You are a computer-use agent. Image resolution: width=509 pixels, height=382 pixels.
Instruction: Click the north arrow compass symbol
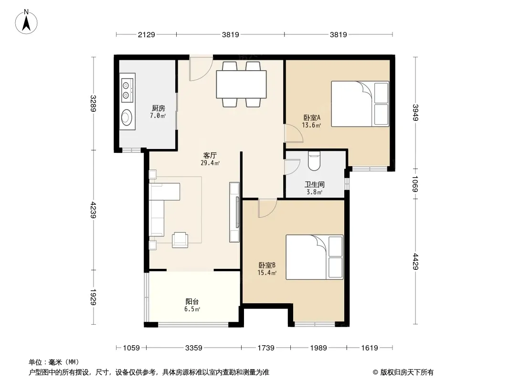26,21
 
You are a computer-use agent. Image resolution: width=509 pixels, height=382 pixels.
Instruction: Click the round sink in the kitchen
127,117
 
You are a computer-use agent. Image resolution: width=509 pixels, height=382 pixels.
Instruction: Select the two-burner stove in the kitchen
127,91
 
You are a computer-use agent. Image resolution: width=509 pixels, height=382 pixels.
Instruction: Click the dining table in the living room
241,84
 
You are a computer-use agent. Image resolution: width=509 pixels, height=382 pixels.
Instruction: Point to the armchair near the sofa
180,240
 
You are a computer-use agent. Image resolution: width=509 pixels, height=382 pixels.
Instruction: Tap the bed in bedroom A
360,104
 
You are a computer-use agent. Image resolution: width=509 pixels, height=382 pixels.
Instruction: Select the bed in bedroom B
315,257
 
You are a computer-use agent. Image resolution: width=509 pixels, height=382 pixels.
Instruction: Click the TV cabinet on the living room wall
234,212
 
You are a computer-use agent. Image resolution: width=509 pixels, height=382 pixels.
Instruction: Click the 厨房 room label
159,108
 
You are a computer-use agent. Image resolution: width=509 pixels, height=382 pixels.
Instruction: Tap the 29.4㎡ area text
210,163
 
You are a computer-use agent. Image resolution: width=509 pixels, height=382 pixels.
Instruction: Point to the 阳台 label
192,302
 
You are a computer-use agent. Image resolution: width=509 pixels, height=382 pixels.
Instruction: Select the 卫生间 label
315,185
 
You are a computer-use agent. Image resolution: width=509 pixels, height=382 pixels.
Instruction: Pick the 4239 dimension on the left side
94,210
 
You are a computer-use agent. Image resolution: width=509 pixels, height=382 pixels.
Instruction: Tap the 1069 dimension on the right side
415,184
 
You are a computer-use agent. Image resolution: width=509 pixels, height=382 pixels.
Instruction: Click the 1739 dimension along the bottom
266,348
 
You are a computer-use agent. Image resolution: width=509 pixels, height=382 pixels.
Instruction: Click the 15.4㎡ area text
267,273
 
